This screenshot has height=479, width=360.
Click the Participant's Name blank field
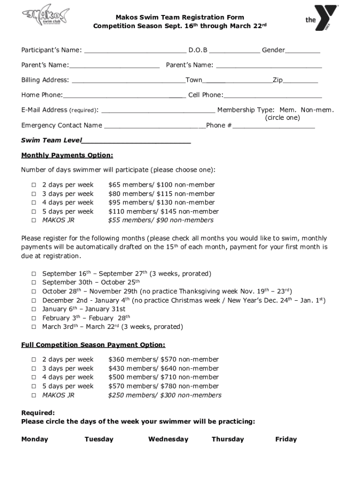coord(135,51)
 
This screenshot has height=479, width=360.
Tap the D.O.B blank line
coord(237,51)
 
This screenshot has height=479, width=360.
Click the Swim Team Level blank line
coord(137,141)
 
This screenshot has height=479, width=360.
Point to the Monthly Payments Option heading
coord(67,155)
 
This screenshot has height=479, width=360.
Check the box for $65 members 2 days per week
coord(34,185)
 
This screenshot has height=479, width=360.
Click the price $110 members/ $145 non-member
coord(163,211)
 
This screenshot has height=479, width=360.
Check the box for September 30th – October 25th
coord(34,283)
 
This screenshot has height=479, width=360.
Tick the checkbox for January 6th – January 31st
coord(34,309)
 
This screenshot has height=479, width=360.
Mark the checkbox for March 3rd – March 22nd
coord(34,327)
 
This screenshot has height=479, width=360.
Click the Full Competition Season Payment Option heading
coord(93,345)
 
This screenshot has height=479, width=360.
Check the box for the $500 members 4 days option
coord(34,377)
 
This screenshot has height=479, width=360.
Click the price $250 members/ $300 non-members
coord(165,395)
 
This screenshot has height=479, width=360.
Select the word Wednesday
coord(168,439)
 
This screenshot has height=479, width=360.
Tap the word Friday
coord(286,439)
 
